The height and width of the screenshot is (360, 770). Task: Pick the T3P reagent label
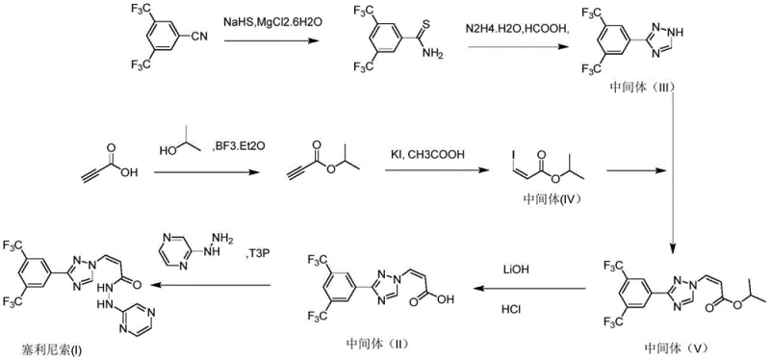(255, 253)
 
